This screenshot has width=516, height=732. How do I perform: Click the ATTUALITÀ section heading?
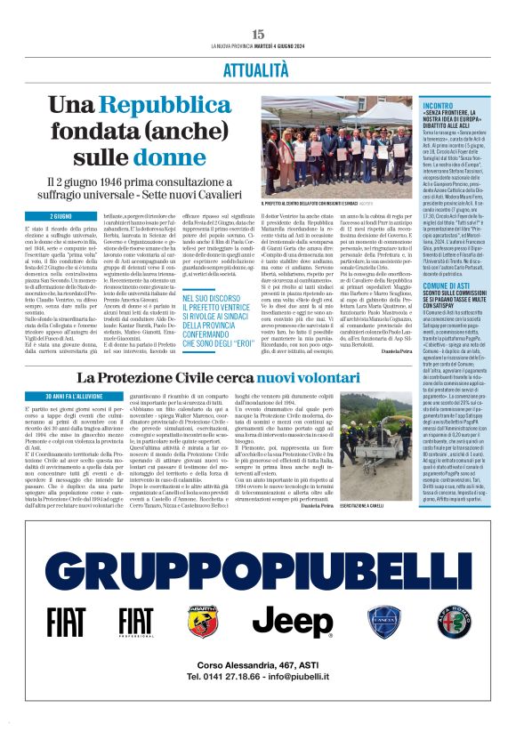pyautogui.click(x=257, y=69)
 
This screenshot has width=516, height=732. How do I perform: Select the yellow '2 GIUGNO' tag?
pyautogui.click(x=61, y=216)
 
